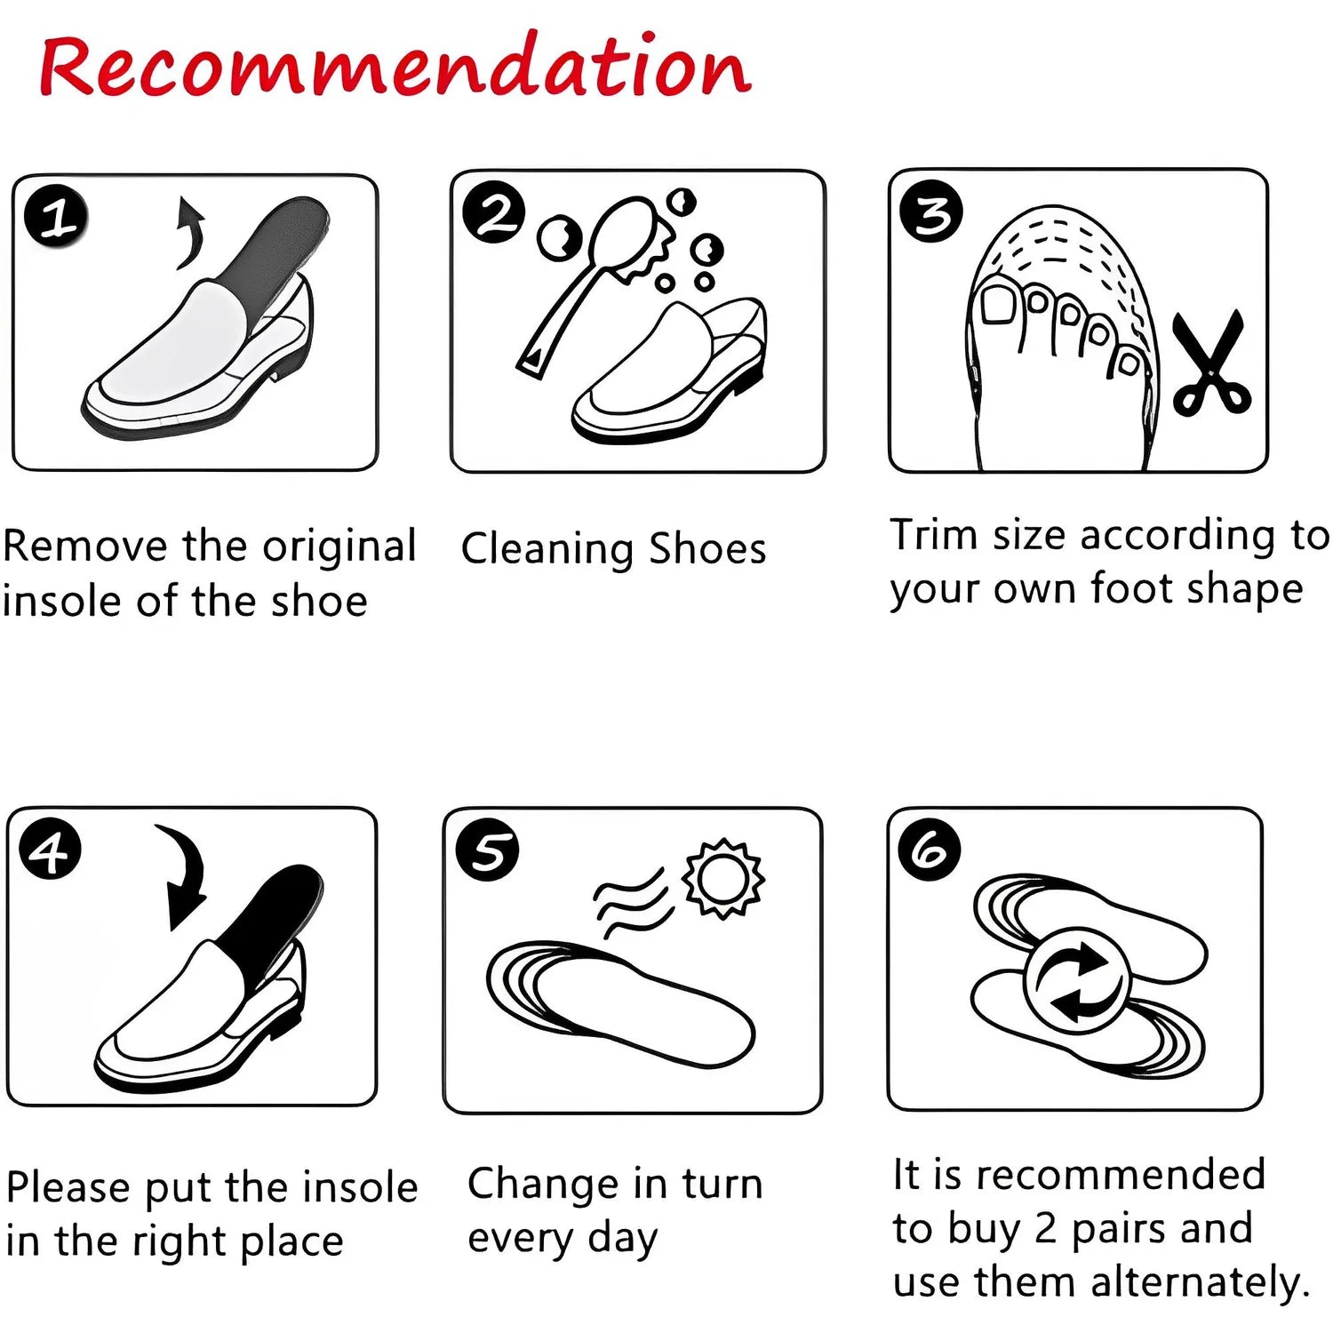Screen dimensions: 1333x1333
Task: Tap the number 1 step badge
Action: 56,217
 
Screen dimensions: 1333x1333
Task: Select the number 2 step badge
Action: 494,212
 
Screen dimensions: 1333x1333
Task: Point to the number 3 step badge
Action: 931,212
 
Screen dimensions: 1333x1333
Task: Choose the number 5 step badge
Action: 487,850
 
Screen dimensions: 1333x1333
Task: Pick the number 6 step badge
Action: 930,849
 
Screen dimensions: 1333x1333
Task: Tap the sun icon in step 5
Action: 723,878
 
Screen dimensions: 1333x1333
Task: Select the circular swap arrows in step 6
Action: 1077,979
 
